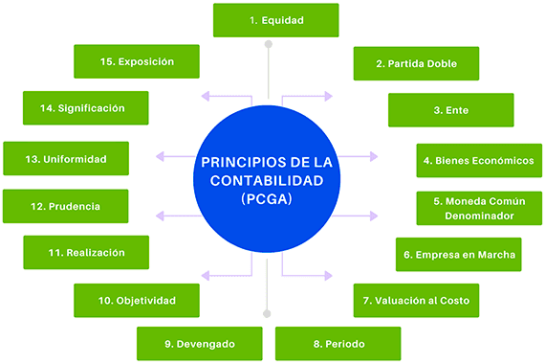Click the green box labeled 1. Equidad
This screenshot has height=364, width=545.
(275, 19)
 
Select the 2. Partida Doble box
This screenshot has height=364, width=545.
(416, 64)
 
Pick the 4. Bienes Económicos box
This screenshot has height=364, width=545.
(478, 159)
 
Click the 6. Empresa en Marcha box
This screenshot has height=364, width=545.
(458, 255)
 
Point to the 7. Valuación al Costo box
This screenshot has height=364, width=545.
(415, 301)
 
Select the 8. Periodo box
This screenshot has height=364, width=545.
(338, 343)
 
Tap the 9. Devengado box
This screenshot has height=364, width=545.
(200, 343)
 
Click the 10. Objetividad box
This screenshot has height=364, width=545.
(137, 301)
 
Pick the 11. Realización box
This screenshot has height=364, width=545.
(87, 253)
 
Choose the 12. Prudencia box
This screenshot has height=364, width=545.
(65, 206)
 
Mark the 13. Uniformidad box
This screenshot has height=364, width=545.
(66, 159)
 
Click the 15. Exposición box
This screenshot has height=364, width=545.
(137, 61)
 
